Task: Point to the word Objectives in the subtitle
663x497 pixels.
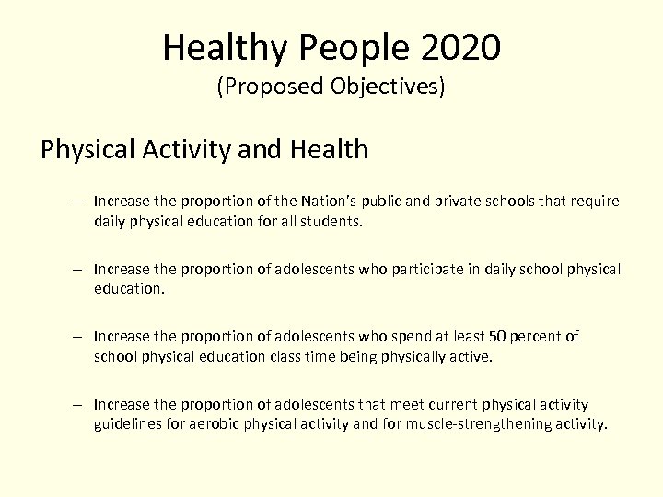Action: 385,88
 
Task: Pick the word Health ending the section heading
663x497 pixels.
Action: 327,149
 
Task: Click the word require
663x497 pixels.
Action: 597,202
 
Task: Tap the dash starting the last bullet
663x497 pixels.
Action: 81,405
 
